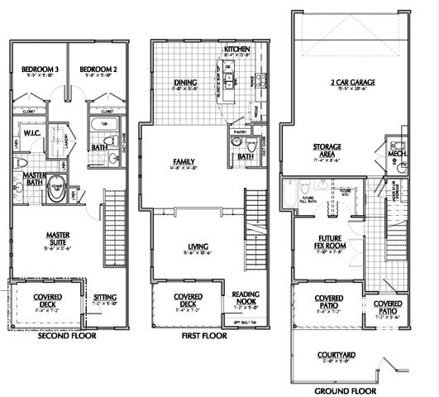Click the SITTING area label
tap(105, 295)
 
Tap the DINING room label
tap(184, 82)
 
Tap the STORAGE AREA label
tap(327, 149)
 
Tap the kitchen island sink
tap(229, 80)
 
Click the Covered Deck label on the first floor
tap(184, 300)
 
